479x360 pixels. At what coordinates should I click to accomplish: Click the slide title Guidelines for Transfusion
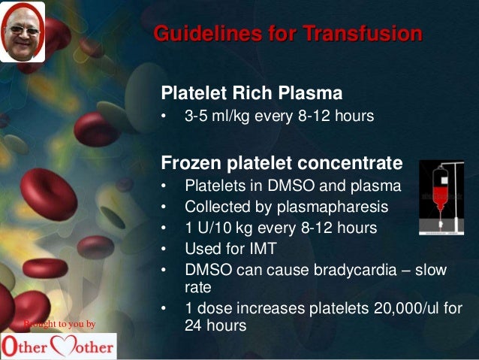288,35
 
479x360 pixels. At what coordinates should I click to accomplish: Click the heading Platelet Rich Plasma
252,94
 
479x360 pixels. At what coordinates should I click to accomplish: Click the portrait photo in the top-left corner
22,32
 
